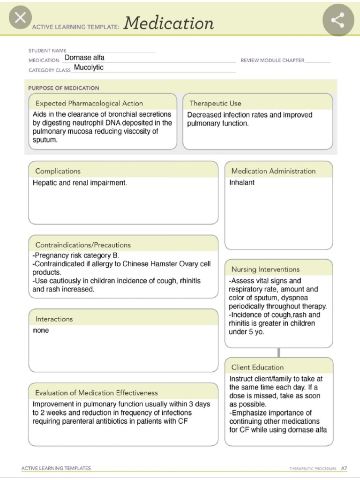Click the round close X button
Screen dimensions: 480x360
(x=20, y=18)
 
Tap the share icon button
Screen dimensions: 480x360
(x=337, y=20)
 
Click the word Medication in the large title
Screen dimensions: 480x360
(x=169, y=23)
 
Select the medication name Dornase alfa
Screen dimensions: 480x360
(x=84, y=58)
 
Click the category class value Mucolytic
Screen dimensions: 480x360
(x=89, y=67)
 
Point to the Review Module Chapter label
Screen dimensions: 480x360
(x=272, y=60)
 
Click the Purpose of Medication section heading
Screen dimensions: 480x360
(x=64, y=88)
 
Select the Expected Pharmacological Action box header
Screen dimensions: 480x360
(x=89, y=103)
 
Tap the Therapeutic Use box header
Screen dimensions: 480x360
(x=215, y=103)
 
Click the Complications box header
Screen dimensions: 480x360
(x=58, y=171)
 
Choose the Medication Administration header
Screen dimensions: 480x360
(x=273, y=171)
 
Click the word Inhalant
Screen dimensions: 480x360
(x=242, y=183)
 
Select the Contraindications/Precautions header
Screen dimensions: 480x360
(x=83, y=245)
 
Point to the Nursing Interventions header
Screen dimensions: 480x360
(x=265, y=269)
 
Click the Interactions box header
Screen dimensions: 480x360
(x=54, y=319)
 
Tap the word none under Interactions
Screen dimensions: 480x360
(x=41, y=330)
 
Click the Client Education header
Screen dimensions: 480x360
(x=257, y=367)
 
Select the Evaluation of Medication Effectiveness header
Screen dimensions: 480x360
(x=97, y=393)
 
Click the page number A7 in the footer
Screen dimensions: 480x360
(x=344, y=468)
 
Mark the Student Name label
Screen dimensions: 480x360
(x=47, y=51)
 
